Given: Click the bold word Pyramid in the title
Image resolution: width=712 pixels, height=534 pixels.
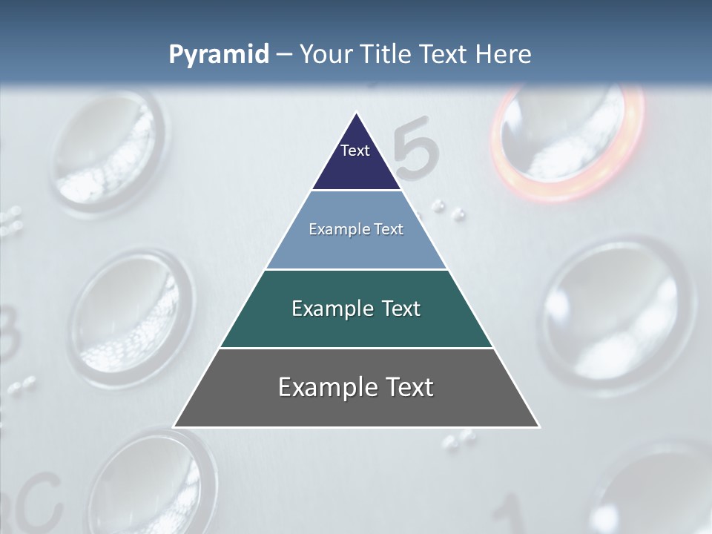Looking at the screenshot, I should tap(219, 55).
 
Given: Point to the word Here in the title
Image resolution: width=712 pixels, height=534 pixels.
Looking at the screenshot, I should tap(503, 55).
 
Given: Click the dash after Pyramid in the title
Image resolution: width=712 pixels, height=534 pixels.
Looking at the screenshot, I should tap(284, 55).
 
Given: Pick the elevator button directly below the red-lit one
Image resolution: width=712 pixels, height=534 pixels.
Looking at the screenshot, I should tap(616, 311).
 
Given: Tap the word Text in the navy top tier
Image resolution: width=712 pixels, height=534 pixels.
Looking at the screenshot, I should tap(355, 151).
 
